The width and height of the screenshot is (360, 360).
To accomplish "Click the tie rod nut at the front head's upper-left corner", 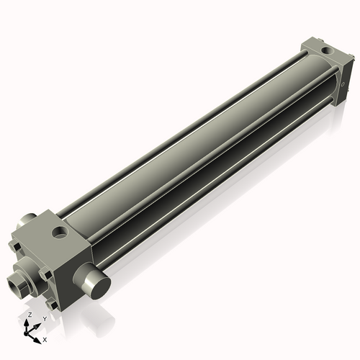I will (x=15, y=248).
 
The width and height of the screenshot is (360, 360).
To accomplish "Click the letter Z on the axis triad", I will (x=29, y=315).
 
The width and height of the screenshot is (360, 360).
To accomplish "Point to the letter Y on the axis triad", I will (x=45, y=318).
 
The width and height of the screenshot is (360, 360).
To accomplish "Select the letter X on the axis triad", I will (x=45, y=338).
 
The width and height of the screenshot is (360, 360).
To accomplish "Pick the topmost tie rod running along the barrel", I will (x=180, y=122).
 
